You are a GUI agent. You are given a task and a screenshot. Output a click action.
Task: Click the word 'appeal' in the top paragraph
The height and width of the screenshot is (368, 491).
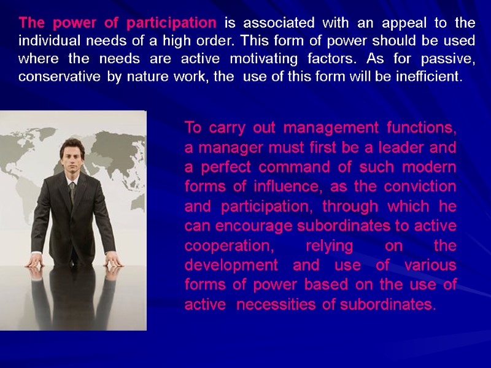click(397, 23)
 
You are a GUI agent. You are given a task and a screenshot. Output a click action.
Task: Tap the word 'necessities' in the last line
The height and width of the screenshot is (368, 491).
click(266, 305)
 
